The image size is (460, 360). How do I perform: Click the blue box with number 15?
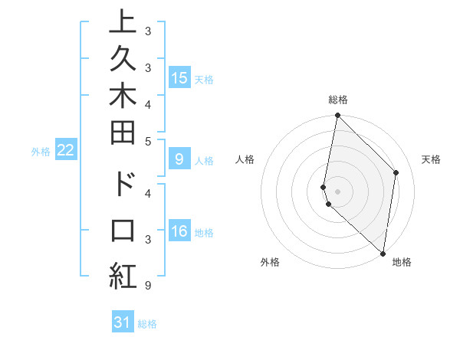click(x=179, y=78)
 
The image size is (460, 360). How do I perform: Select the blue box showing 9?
click(x=179, y=160)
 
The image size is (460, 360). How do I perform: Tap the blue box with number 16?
click(x=179, y=232)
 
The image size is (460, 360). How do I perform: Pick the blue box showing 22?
click(x=66, y=151)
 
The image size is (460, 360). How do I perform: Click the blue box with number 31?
click(x=123, y=322)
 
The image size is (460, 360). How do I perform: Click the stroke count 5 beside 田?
click(x=147, y=140)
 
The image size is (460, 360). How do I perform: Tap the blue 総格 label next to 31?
click(x=148, y=324)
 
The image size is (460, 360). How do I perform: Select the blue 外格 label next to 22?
click(x=41, y=152)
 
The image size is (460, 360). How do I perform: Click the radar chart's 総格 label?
click(x=338, y=100)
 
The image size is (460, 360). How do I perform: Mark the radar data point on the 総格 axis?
click(x=337, y=116)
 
